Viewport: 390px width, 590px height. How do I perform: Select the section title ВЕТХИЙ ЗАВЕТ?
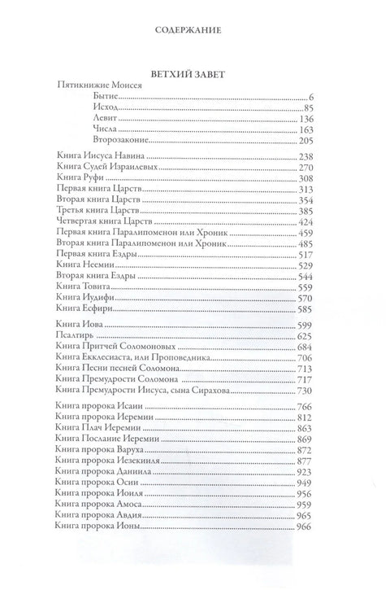click(x=194, y=72)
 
